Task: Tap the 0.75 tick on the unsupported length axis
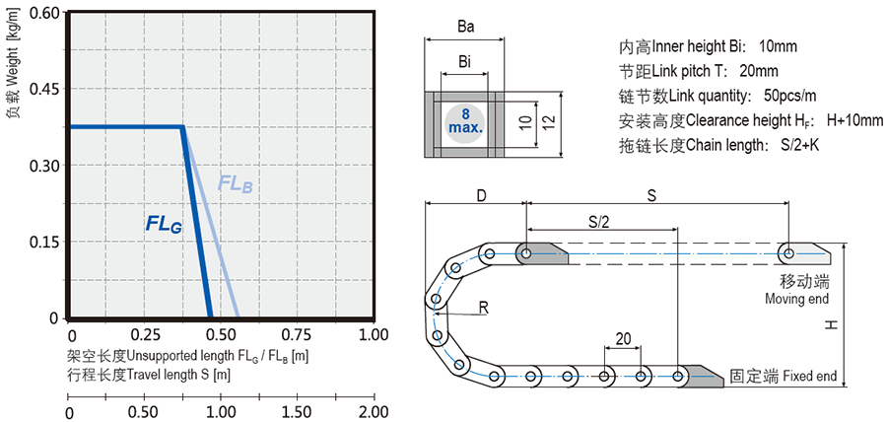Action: [270, 335]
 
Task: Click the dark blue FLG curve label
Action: [164, 225]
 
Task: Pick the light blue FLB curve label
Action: [236, 184]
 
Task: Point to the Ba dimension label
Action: [465, 30]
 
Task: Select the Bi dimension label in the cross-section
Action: [464, 62]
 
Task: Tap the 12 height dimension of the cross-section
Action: [555, 121]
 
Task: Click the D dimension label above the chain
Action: [480, 195]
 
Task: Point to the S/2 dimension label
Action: [598, 222]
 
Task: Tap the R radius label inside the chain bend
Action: [485, 306]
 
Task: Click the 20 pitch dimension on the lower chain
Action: [623, 338]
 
